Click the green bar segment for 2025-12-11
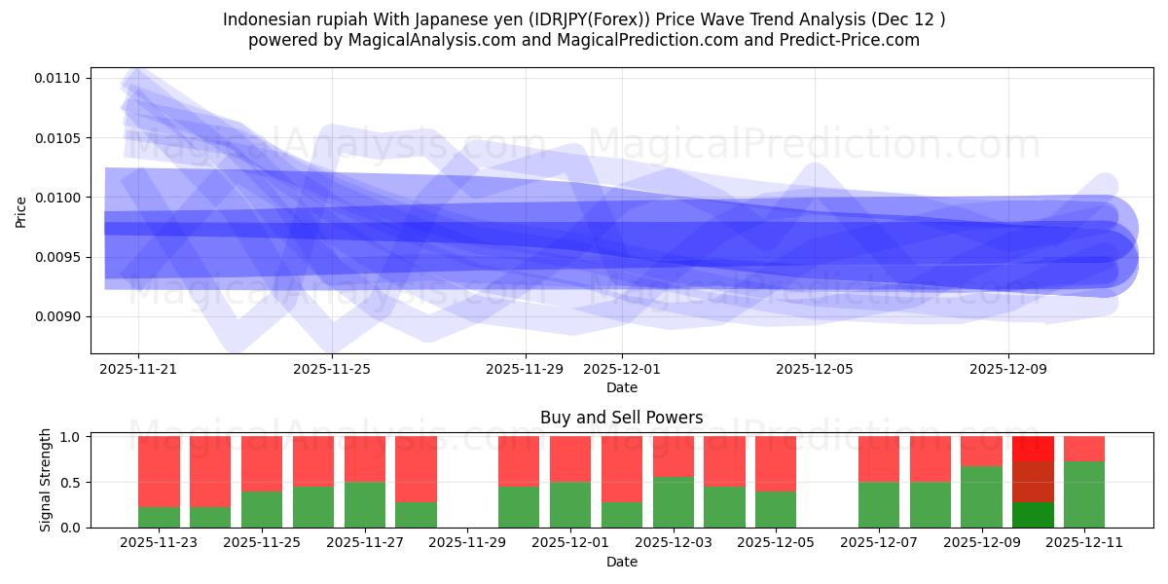click(1084, 494)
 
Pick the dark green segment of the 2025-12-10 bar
click(1033, 515)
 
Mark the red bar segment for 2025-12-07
click(879, 458)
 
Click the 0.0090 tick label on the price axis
click(60, 317)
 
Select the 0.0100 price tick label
click(60, 198)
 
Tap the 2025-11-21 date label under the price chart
click(138, 369)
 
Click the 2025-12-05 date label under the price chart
click(815, 369)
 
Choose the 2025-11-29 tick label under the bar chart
click(468, 543)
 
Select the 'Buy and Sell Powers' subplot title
click(621, 418)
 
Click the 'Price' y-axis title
click(21, 210)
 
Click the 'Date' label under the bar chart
click(621, 562)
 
